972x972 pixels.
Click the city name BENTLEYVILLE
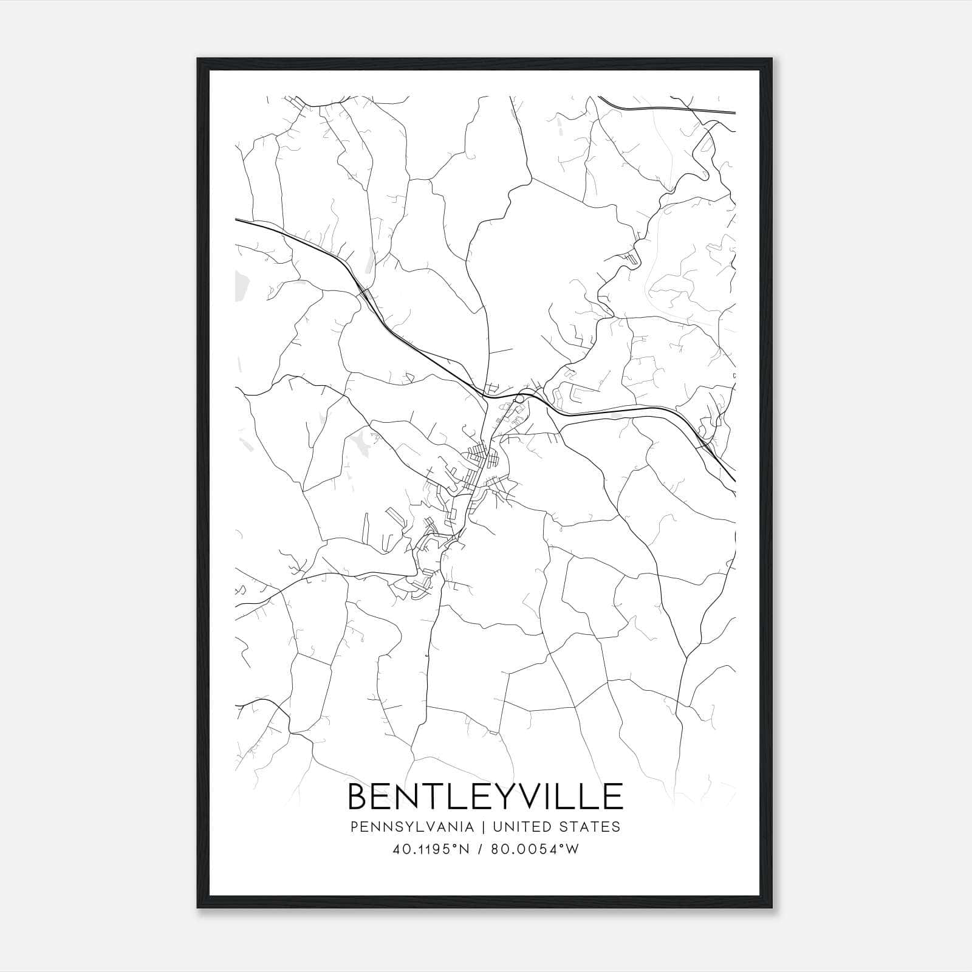485,796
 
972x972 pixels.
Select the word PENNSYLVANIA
403,827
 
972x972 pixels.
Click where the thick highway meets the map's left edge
236,219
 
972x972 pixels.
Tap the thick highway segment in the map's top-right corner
668,109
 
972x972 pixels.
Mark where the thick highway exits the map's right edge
734,480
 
